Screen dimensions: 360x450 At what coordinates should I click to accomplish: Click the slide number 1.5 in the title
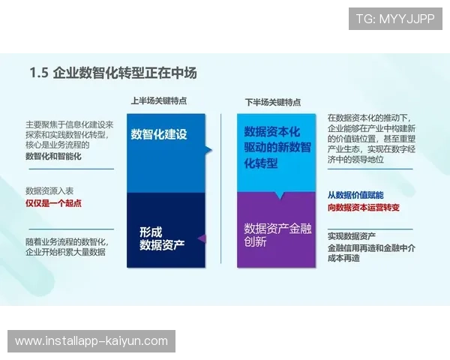coord(39,73)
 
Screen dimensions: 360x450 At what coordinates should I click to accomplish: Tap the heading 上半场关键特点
coord(158,100)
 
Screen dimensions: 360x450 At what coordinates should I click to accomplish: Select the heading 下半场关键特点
coord(273,100)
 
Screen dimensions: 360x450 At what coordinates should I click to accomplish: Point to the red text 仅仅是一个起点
coord(53,203)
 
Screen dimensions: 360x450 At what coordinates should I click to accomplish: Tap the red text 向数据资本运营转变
coord(363,207)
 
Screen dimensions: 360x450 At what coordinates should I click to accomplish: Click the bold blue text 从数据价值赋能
coord(355,195)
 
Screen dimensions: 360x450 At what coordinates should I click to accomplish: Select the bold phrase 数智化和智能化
coord(53,157)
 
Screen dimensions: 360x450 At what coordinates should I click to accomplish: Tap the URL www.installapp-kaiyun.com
coord(91,341)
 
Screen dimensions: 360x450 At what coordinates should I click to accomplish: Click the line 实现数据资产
coord(350,236)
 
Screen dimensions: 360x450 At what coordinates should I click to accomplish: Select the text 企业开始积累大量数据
coord(65,253)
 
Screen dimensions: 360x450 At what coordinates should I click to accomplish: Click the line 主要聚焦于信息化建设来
coord(69,124)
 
